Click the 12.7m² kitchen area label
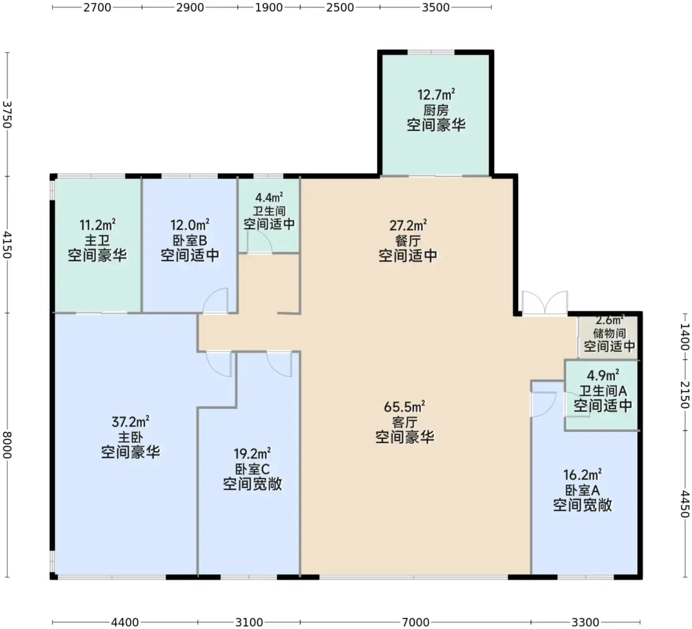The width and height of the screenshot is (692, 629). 436,94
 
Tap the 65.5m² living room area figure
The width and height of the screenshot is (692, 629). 404,407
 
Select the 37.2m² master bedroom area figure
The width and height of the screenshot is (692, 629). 130,422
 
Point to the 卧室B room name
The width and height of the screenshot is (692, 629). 190,240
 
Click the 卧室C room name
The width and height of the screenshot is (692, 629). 252,469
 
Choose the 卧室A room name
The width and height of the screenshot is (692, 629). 582,490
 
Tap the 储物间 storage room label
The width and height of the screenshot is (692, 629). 609,334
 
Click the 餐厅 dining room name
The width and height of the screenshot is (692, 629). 408,241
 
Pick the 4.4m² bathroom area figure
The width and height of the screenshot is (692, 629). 269,198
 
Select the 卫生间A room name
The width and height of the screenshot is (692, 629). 603,391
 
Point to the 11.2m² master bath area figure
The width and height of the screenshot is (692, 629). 97,225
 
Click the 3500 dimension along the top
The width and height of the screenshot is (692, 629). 435,7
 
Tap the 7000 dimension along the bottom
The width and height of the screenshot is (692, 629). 415,622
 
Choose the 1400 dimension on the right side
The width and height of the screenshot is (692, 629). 685,336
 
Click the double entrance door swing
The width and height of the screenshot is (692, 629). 545,303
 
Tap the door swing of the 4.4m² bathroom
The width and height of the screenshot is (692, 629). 259,242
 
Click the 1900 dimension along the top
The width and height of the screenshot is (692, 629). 269,7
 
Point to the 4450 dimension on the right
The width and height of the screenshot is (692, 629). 685,504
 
